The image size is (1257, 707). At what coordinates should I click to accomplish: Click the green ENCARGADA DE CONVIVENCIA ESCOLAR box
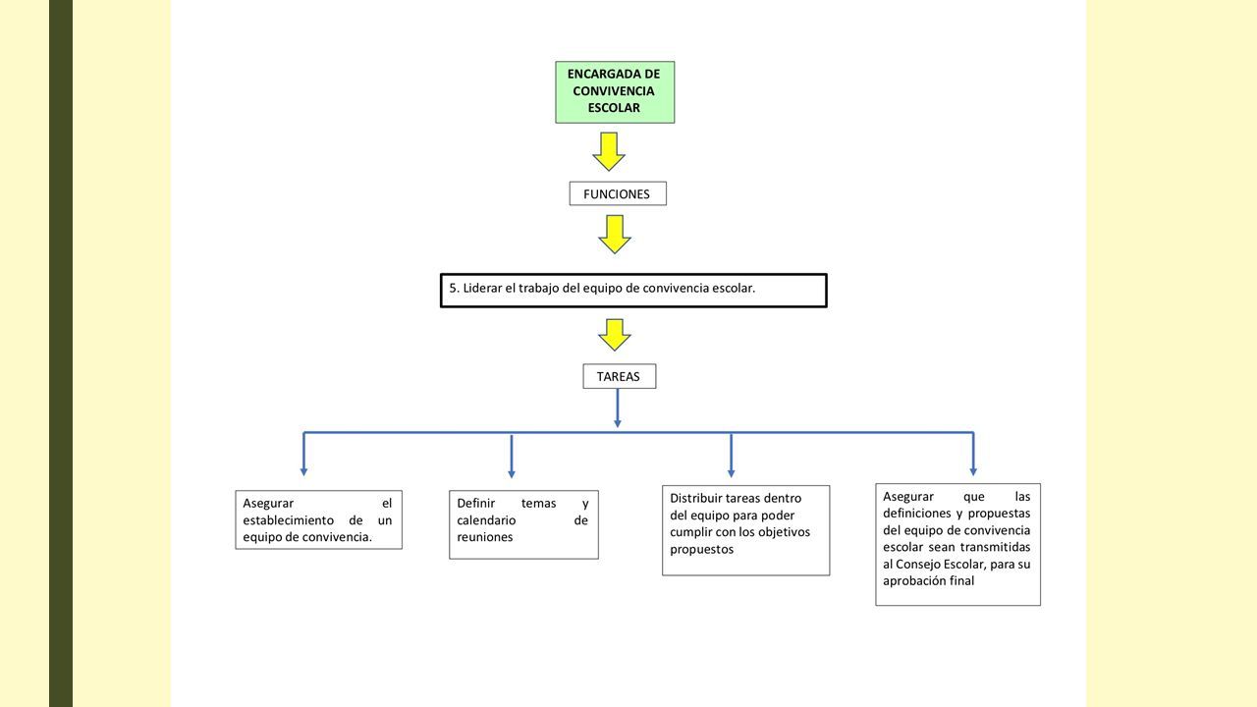click(615, 92)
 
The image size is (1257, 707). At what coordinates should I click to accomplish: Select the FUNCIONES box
click(618, 193)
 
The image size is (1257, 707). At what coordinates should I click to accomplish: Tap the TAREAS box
click(619, 376)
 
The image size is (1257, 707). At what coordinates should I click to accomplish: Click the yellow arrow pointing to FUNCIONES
click(609, 151)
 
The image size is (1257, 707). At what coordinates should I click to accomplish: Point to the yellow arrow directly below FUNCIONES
click(615, 235)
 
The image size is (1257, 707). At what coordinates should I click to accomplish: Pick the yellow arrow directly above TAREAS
click(615, 335)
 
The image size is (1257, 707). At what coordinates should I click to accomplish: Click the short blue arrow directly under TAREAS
click(618, 408)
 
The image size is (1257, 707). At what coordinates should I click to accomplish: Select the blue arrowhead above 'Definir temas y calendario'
click(512, 474)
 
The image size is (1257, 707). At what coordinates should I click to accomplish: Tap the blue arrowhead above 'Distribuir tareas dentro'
click(731, 473)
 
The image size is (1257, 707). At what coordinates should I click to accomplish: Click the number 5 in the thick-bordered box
click(453, 289)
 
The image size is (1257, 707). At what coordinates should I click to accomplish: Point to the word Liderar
click(482, 289)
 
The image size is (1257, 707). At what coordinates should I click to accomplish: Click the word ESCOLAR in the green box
click(614, 108)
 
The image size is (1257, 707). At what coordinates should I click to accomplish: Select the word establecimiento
click(289, 520)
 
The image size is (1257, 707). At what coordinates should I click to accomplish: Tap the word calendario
click(486, 520)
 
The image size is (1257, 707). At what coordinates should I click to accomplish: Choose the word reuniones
click(485, 537)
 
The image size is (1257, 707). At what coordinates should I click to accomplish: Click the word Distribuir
click(696, 498)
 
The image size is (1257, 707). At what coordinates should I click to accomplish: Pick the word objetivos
click(785, 532)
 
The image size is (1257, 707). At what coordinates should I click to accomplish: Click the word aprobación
click(910, 581)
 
